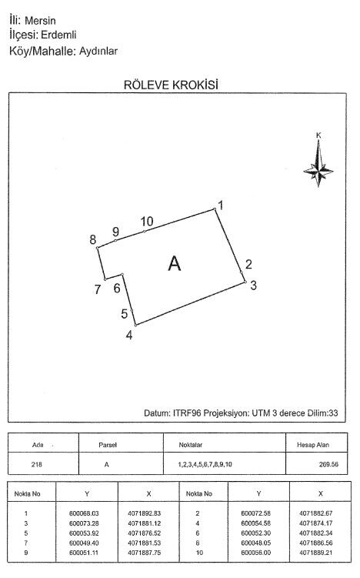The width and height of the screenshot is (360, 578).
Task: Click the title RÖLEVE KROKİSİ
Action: pyautogui.click(x=171, y=85)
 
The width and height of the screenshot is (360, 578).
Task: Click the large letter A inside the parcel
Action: pyautogui.click(x=175, y=263)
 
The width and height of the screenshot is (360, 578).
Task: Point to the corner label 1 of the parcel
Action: pyautogui.click(x=221, y=205)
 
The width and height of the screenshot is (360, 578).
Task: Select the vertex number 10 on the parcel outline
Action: pyautogui.click(x=147, y=221)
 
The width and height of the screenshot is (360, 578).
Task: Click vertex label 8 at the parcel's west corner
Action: pyautogui.click(x=93, y=239)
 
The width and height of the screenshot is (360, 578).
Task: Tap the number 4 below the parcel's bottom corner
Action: pyautogui.click(x=129, y=335)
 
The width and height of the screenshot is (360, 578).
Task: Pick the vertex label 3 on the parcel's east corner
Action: pyautogui.click(x=253, y=285)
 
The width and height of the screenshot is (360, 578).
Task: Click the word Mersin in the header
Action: pyautogui.click(x=40, y=20)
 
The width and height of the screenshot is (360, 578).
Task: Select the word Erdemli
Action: pyautogui.click(x=58, y=35)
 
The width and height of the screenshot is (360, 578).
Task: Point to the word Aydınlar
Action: pyautogui.click(x=98, y=51)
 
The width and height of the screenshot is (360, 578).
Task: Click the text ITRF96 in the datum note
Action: pyautogui.click(x=187, y=413)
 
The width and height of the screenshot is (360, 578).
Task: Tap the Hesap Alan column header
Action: pyautogui.click(x=313, y=445)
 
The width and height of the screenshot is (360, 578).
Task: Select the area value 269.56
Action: pyautogui.click(x=328, y=464)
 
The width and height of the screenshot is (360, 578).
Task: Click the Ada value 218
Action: pyautogui.click(x=36, y=464)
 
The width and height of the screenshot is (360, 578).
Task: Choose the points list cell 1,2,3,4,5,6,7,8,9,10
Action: pyautogui.click(x=205, y=464)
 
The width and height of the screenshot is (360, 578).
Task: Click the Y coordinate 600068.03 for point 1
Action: pyautogui.click(x=84, y=513)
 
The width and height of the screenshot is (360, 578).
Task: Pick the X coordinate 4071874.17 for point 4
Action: pyautogui.click(x=316, y=523)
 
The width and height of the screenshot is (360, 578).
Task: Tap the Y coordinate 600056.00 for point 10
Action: pyautogui.click(x=255, y=553)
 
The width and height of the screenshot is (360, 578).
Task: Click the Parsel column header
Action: pyautogui.click(x=108, y=445)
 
